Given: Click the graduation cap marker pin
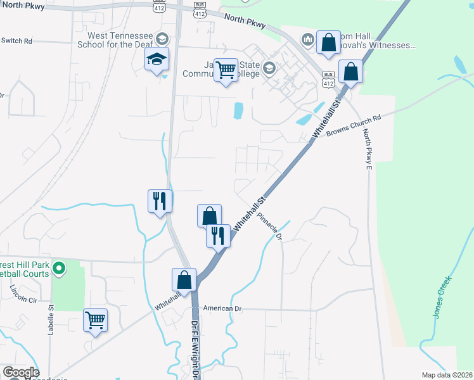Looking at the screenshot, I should point(157,60).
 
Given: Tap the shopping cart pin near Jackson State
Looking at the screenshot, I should point(226,70).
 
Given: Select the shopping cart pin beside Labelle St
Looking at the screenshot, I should point(95,321).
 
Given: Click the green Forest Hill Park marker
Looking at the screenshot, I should point(59,269).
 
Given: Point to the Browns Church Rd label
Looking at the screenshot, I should point(354,126).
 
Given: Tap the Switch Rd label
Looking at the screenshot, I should point(16,41).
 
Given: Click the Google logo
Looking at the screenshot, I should point(20,372).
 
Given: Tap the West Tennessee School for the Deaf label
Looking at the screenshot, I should point(120,41).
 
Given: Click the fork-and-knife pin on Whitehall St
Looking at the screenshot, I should point(217,236).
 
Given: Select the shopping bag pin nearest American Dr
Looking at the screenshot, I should point(184,279).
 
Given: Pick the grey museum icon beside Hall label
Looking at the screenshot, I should point(308,40).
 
